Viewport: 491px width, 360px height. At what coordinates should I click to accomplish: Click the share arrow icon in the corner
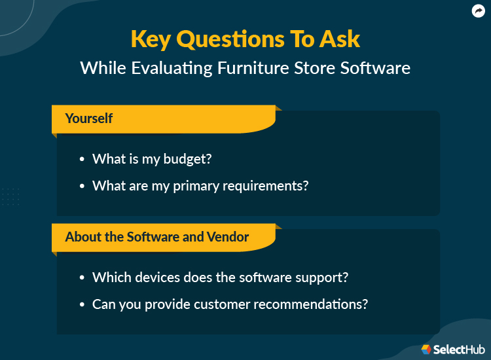[477, 11]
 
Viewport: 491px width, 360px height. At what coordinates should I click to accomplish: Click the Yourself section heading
[89, 118]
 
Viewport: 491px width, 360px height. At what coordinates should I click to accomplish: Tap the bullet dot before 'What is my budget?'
[82, 160]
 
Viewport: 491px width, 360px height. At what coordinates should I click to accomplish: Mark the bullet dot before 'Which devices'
[82, 278]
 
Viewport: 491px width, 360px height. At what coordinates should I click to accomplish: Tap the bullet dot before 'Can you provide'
[82, 304]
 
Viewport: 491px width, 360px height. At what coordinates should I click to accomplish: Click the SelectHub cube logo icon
[426, 350]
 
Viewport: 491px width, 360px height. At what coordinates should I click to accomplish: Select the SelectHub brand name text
[459, 350]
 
